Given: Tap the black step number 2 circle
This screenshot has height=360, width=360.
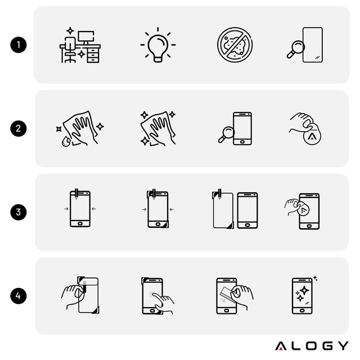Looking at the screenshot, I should [x=19, y=129].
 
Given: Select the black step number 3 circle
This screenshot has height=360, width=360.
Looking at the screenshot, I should [x=19, y=213].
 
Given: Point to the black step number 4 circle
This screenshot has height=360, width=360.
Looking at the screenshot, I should [x=19, y=295].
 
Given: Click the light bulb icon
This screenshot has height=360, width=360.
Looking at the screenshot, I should [x=157, y=44].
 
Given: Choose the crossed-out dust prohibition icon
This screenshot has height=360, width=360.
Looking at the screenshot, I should [x=235, y=44].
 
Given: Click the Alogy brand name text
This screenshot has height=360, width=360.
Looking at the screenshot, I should [x=312, y=346].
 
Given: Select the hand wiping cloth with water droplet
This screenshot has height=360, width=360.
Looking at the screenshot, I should [x=78, y=129].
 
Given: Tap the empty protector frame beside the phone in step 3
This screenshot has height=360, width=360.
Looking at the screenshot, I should [x=222, y=211].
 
